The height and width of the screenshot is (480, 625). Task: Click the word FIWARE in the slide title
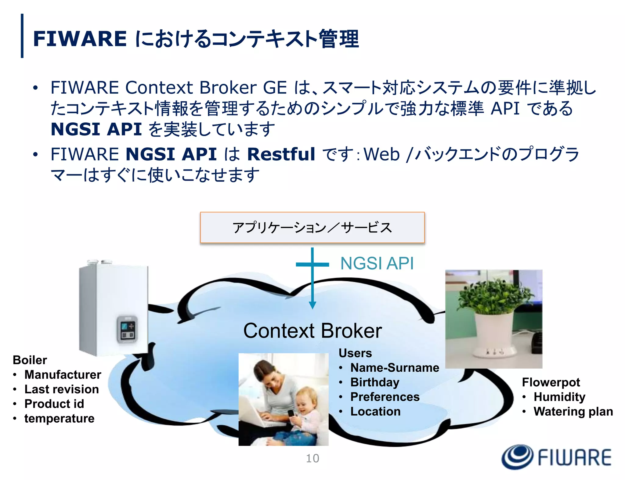point(80,39)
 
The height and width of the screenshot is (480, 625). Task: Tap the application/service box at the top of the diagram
point(312,228)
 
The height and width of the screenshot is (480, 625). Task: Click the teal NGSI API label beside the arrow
point(377,263)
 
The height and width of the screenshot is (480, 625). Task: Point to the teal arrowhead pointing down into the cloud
point(312,305)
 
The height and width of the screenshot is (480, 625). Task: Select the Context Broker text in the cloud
point(312,331)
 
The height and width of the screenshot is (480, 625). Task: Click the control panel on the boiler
point(127,329)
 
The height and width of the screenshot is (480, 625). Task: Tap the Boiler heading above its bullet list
point(30,360)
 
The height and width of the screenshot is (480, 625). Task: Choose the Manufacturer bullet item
point(63,375)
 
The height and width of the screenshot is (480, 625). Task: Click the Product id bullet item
point(54,404)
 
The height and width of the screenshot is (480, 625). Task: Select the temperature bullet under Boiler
point(59,418)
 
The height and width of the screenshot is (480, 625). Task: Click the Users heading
point(355,353)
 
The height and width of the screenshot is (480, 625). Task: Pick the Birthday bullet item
point(375,382)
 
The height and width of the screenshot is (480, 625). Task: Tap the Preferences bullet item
point(385,397)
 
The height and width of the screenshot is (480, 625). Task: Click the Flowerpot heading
point(551,382)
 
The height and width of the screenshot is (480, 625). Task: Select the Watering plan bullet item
point(573,411)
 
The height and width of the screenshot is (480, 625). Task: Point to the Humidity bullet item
point(559,397)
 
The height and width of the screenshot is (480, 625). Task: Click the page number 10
point(312,458)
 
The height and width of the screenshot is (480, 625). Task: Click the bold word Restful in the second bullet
point(281,154)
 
